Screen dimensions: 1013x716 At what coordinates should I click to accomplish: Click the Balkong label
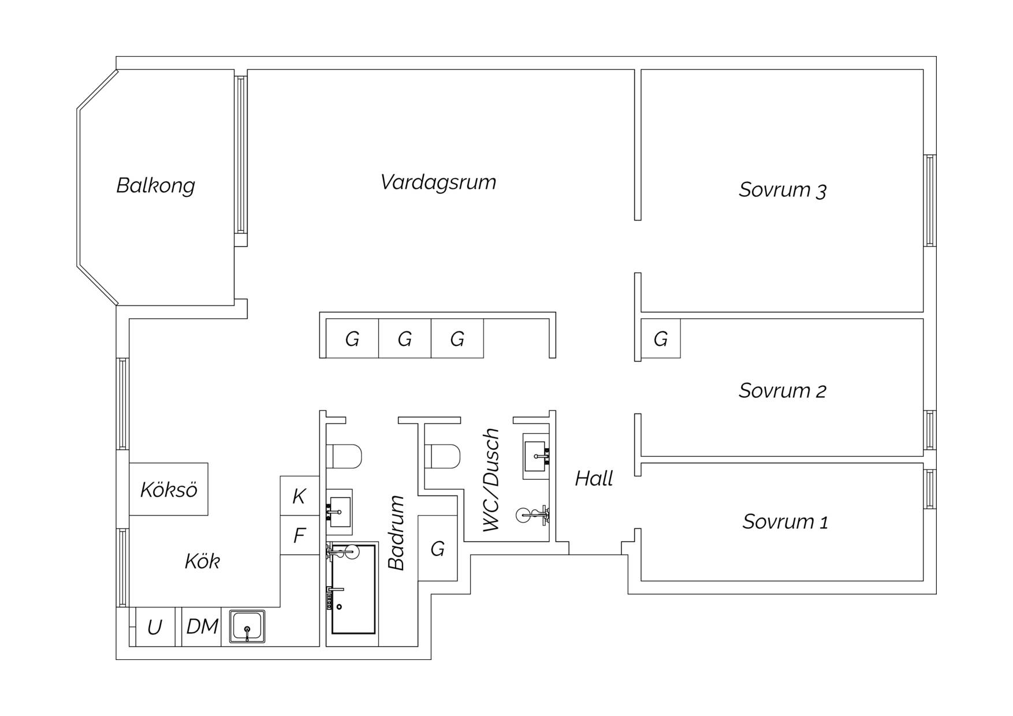click(155, 185)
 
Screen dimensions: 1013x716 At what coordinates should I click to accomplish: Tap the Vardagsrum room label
click(438, 182)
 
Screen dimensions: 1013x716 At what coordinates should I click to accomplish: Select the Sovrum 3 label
click(783, 190)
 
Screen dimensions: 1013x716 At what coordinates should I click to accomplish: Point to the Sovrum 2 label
click(783, 391)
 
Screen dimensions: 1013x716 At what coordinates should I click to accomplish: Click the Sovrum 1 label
click(785, 522)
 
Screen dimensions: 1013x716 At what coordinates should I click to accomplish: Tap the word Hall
click(594, 479)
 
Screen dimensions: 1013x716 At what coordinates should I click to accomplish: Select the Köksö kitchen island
click(169, 489)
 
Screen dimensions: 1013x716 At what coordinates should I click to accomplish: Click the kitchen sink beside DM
click(247, 626)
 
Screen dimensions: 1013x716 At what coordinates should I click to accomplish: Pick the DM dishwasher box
click(202, 626)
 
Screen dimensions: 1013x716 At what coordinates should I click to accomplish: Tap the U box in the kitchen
click(155, 626)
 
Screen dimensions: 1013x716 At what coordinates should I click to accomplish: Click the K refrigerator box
click(300, 495)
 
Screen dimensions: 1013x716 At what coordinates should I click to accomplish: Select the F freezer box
click(300, 535)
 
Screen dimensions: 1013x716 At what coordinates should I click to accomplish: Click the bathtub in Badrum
click(353, 588)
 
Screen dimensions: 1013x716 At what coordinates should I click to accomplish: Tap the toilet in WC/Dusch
click(442, 456)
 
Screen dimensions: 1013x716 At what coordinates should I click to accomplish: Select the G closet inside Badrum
click(438, 548)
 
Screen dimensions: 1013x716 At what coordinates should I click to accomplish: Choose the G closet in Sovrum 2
click(661, 338)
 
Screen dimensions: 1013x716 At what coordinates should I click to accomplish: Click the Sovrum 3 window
click(930, 200)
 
